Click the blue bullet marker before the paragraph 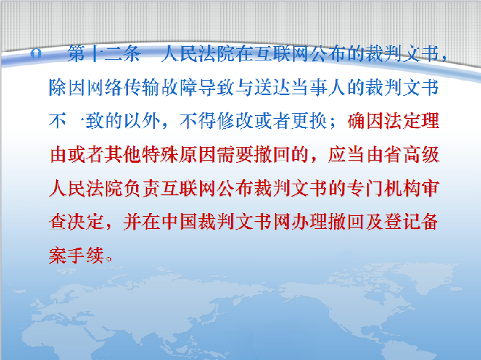36,54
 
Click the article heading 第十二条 104,54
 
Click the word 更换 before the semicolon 310,121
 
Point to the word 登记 403,221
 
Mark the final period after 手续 109,259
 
